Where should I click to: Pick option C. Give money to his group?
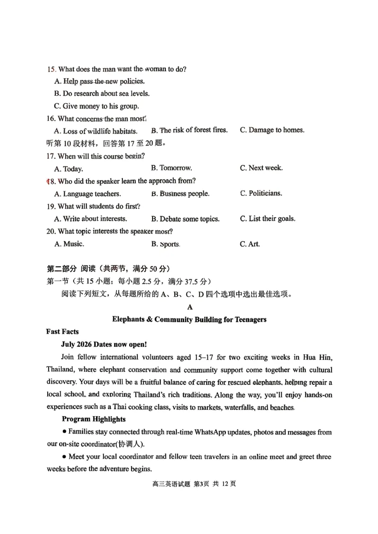coord(96,106)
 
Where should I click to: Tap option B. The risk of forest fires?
coord(189,130)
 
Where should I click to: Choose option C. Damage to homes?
coord(272,130)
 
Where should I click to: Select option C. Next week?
coord(261,168)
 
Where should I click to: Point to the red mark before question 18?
coord(47,181)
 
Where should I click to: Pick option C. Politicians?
coord(261,193)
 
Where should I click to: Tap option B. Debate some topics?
coord(185,219)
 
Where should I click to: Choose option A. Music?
coord(69,244)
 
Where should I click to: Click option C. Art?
coord(250,244)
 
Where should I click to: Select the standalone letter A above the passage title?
coord(190,307)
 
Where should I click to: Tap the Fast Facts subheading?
coord(62,332)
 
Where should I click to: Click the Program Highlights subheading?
coord(94,419)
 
